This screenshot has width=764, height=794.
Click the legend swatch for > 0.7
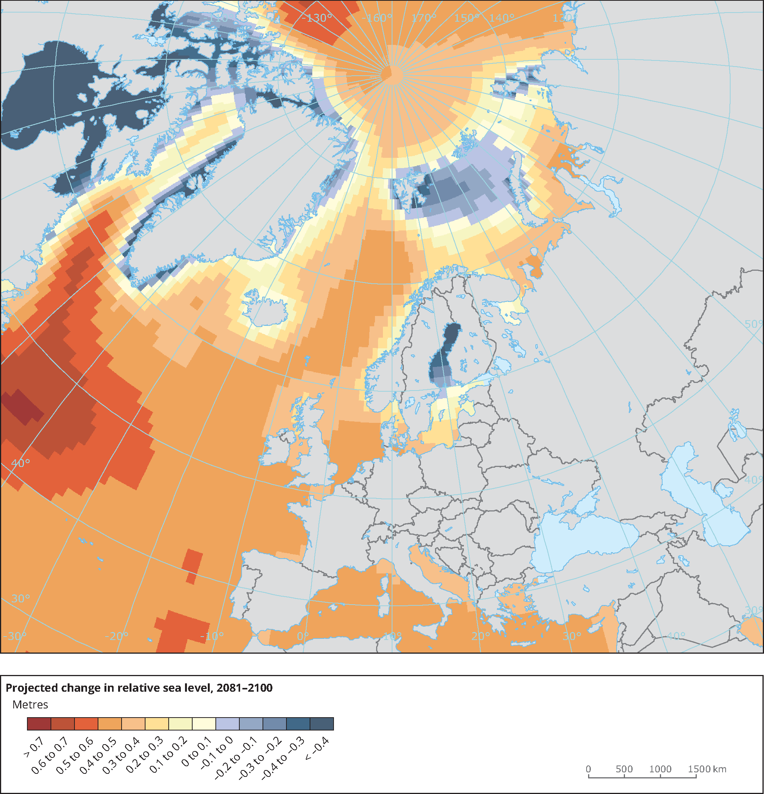tap(39, 724)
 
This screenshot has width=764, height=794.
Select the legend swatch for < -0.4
tap(322, 724)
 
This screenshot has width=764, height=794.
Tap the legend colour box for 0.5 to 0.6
tap(86, 724)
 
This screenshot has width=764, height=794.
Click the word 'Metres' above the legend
tap(30, 705)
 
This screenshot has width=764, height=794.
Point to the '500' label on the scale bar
tap(624, 769)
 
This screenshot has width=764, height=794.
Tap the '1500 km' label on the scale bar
tap(707, 769)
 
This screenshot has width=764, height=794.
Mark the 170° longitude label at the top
tap(424, 18)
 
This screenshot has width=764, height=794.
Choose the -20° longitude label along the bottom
tap(117, 636)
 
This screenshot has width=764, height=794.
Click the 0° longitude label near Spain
tap(303, 636)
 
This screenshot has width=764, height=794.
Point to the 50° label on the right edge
tap(753, 324)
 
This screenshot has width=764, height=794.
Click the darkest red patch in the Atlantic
tap(22, 407)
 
